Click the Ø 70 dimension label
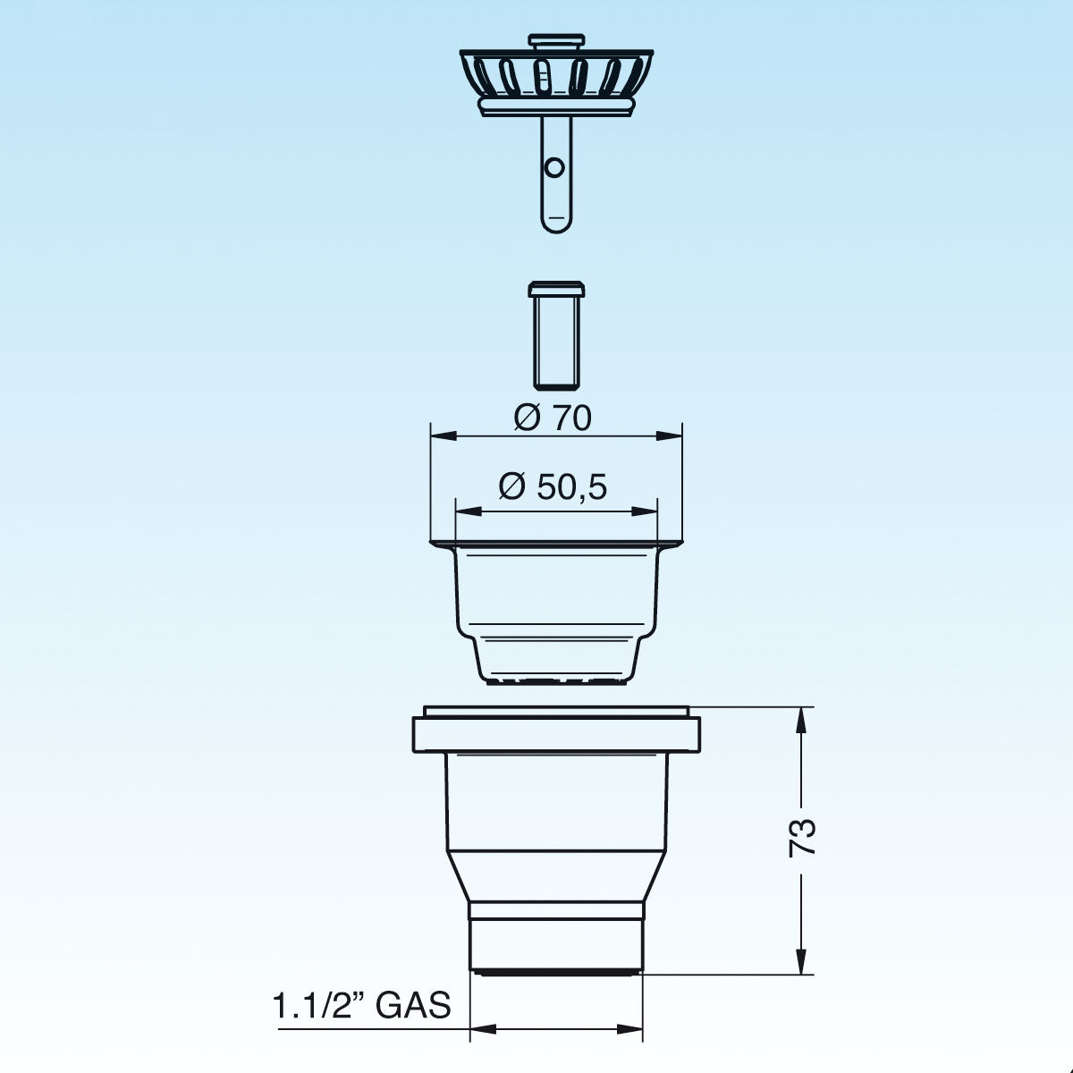pyautogui.click(x=553, y=417)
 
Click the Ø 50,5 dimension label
pyautogui.click(x=553, y=487)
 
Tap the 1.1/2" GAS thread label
pyautogui.click(x=361, y=1005)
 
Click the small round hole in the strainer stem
pyautogui.click(x=554, y=167)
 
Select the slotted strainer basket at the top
pyautogui.click(x=555, y=75)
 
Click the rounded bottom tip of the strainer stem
pyautogui.click(x=555, y=223)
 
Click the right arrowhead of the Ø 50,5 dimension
pyautogui.click(x=649, y=511)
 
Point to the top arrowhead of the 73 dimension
pyautogui.click(x=802, y=716)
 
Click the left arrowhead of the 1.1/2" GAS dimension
pyautogui.click(x=478, y=1029)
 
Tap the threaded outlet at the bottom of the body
pyautogui.click(x=555, y=938)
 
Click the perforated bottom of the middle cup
pyautogui.click(x=555, y=682)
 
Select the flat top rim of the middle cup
pyautogui.click(x=555, y=544)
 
